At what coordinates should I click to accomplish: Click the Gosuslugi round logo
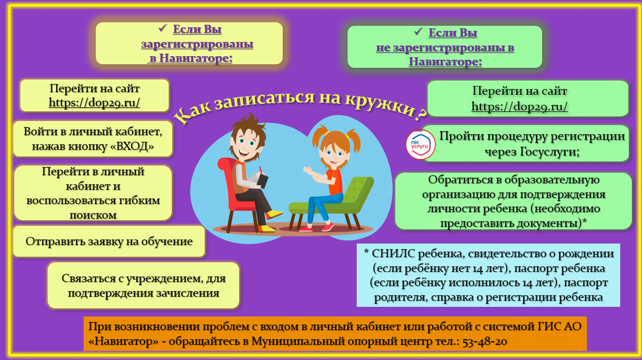tap(421, 144)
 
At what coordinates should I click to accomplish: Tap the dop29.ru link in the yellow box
tap(94, 103)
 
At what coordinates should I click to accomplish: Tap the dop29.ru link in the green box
tap(519, 106)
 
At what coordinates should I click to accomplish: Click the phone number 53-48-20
tap(485, 341)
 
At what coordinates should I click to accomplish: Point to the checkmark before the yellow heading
tap(163, 28)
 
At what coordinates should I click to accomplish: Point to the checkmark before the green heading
tap(418, 32)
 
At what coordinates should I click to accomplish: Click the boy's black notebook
tap(262, 181)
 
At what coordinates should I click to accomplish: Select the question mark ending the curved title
tap(421, 114)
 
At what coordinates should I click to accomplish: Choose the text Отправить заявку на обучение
tap(109, 241)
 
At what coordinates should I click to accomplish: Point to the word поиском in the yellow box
tap(93, 215)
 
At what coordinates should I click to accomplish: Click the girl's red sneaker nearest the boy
tap(305, 229)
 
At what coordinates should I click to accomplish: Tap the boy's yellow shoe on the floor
tap(267, 228)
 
